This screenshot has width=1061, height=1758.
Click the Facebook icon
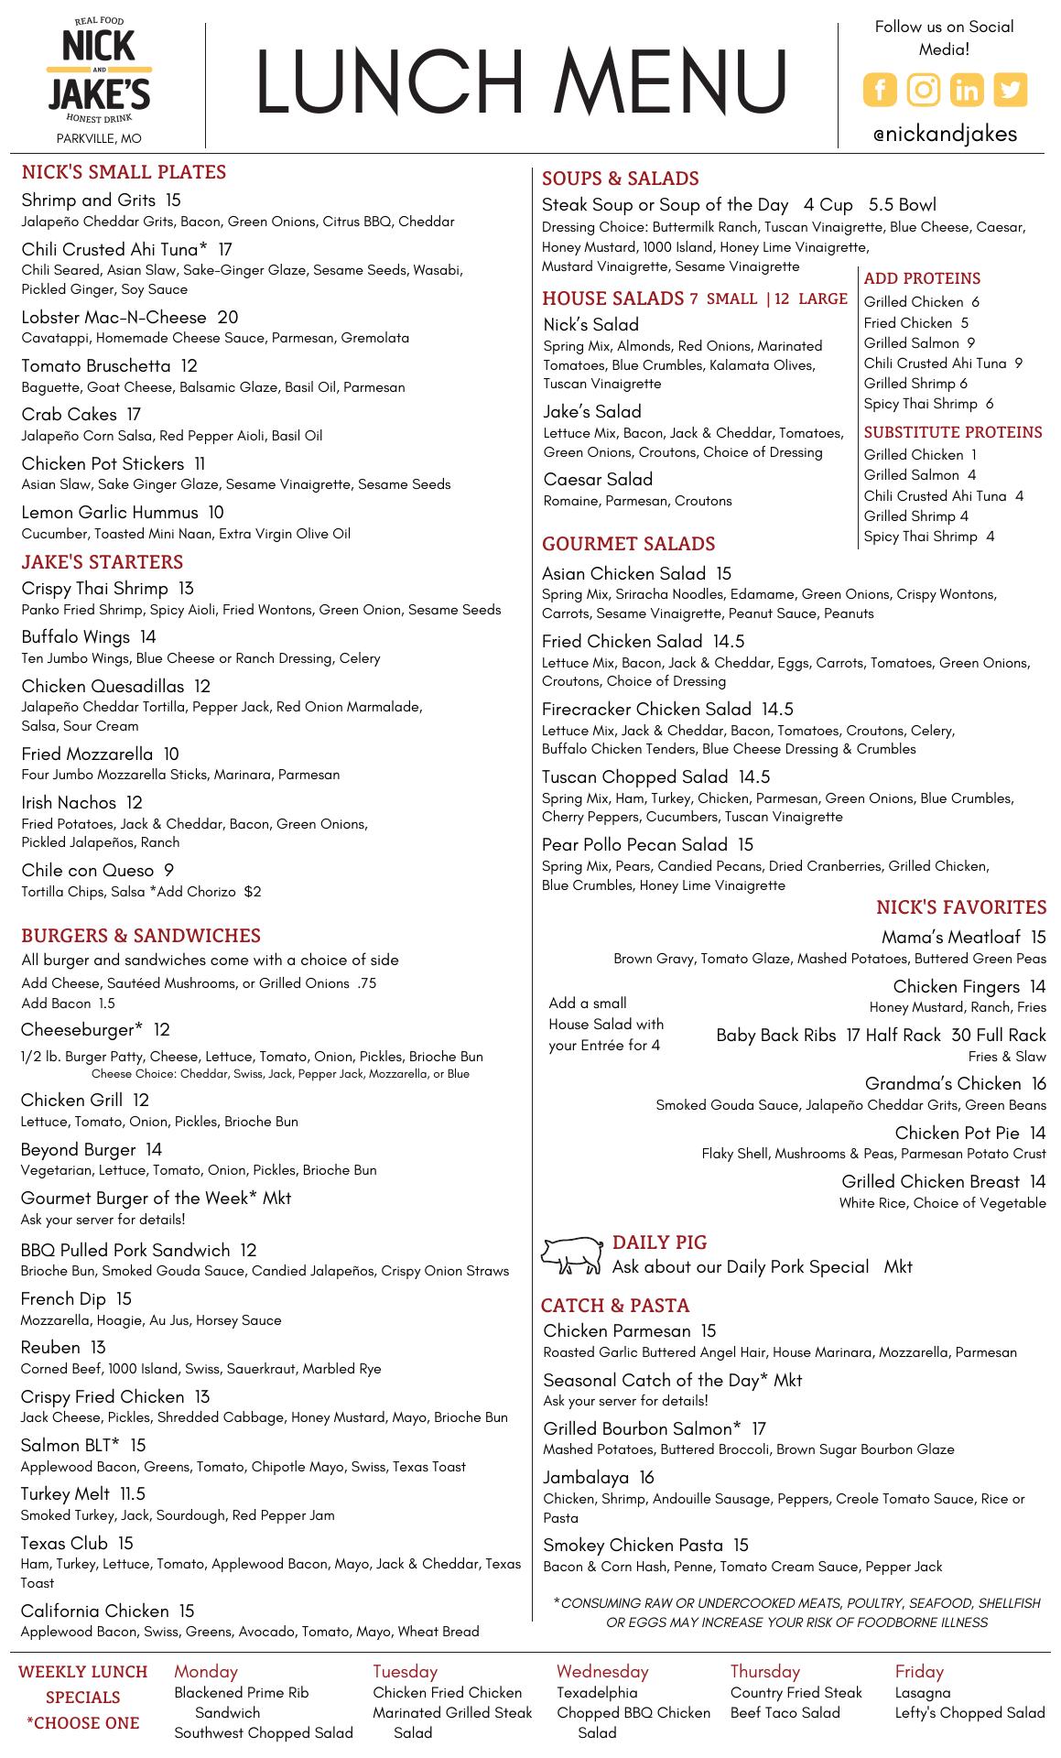pos(880,90)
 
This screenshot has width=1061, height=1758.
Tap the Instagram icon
pos(924,90)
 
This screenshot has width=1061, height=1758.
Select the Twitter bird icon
pos(1011,90)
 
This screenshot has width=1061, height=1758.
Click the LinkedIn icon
pos(967,90)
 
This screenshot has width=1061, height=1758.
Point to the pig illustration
pos(572,1254)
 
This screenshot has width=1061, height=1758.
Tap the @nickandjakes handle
pos(945,134)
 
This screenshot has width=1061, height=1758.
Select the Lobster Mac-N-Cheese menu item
pos(114,318)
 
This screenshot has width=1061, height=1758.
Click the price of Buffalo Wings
pos(148,637)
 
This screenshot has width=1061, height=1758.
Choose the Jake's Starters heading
pos(103,562)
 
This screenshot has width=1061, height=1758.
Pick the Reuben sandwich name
pos(50,1348)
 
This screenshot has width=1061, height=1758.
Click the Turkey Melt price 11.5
pos(133,1494)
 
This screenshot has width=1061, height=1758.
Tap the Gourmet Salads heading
pos(628,544)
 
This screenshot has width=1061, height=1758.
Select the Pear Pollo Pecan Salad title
pos(634,845)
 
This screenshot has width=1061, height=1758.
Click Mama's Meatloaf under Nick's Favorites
pos(950,938)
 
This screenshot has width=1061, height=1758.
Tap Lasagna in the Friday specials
pos(923,1693)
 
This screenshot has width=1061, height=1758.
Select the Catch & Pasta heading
pos(615,1306)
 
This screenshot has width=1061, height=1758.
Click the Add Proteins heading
pos(922,278)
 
